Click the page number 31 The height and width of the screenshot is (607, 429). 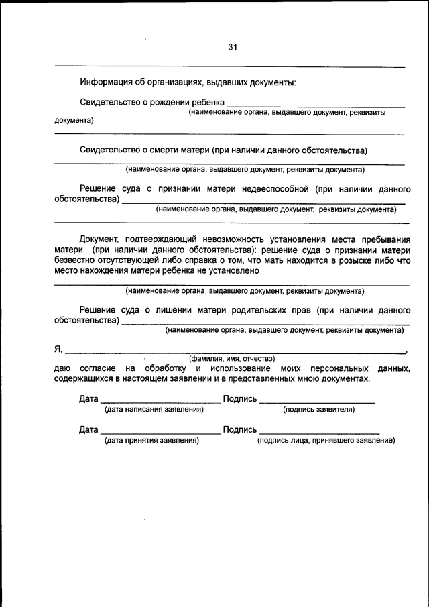[233, 47]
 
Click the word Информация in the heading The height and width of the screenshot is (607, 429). [106, 82]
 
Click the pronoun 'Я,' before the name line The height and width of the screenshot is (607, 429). [58, 349]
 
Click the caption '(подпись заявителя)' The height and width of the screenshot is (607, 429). [318, 408]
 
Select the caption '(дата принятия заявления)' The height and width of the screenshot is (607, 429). [151, 441]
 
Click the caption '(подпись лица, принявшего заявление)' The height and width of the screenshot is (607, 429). [326, 441]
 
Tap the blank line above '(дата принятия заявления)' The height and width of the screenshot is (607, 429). [160, 433]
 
